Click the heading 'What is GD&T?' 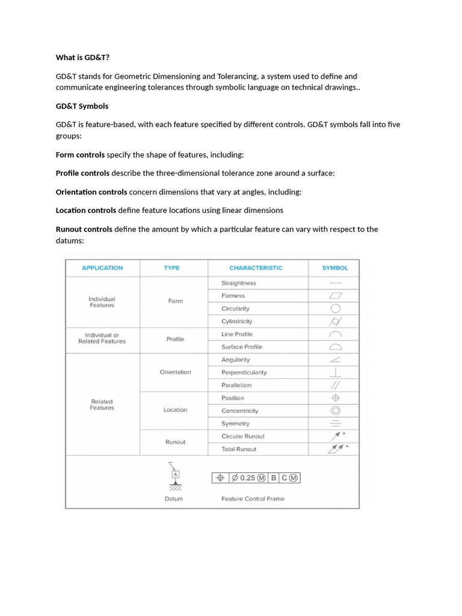[82, 58]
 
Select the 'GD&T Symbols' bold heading [82, 106]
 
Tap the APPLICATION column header [102, 268]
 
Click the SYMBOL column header [335, 268]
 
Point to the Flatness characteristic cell [233, 296]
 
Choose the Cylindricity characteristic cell [236, 321]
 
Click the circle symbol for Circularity [336, 309]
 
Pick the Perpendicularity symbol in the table [336, 372]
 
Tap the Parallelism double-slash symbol [336, 385]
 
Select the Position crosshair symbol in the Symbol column [336, 398]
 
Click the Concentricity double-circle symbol [336, 411]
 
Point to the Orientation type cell [175, 372]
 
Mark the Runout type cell [175, 442]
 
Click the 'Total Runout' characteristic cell [238, 449]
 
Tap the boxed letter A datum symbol [176, 474]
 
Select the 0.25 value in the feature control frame [248, 478]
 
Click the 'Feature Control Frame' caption [253, 499]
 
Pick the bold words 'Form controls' [80, 155]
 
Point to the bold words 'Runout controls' [84, 229]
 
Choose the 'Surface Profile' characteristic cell [241, 347]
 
